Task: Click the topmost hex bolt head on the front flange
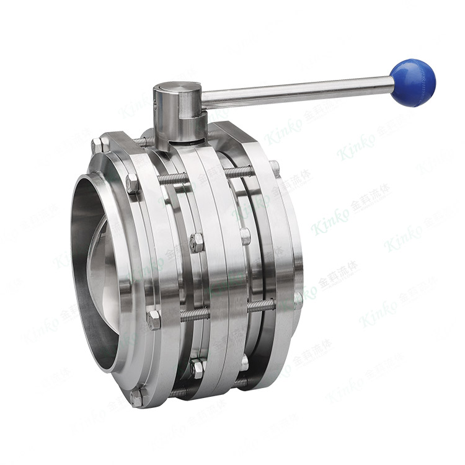(97, 146)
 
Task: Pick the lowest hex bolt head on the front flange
(136, 396)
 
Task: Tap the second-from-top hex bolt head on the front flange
(131, 184)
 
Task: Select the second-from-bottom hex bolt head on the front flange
(153, 320)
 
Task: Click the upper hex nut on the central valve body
(197, 242)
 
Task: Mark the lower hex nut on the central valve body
(197, 368)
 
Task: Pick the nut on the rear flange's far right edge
(298, 301)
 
